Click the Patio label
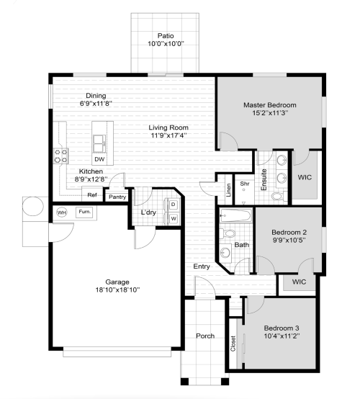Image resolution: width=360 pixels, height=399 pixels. tap(166, 36)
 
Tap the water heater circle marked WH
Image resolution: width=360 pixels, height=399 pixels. tap(61, 212)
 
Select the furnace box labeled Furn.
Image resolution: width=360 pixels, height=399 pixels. tap(84, 212)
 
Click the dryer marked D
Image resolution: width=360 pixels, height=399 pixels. tap(174, 205)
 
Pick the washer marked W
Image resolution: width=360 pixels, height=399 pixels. tap(174, 218)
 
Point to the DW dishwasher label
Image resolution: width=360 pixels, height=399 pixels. tap(99, 159)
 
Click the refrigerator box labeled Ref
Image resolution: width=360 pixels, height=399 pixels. tap(92, 194)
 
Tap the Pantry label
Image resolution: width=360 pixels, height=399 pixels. tap(117, 197)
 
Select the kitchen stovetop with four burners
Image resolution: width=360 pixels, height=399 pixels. tap(60, 156)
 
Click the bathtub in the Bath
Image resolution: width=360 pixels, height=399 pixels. tap(235, 215)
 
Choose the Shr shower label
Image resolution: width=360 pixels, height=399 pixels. tap(245, 184)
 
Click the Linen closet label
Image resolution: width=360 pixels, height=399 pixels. tap(228, 190)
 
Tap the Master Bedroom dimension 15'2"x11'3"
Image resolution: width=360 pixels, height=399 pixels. tap(270, 113)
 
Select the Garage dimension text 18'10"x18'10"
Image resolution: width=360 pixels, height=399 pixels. tap(117, 290)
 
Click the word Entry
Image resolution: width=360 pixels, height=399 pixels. tap(202, 266)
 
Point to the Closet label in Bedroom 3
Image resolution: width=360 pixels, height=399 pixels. tap(233, 344)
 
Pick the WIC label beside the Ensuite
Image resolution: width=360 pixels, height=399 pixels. tap(305, 177)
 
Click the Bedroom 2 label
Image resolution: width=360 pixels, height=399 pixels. tap(289, 232)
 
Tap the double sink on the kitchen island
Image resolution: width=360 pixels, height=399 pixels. tap(99, 144)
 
